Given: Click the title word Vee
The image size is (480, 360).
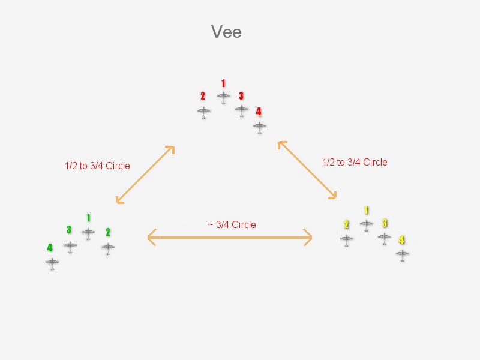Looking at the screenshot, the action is click(x=226, y=32).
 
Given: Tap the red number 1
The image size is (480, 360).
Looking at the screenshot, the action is click(x=223, y=83).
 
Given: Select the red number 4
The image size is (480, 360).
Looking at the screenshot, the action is click(x=259, y=112).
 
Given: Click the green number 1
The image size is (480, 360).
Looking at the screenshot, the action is click(x=88, y=218).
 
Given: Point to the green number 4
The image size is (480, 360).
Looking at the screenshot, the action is click(x=50, y=247).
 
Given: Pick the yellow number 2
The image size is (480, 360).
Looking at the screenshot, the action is click(x=346, y=224).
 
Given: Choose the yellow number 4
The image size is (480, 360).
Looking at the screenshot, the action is click(x=401, y=239).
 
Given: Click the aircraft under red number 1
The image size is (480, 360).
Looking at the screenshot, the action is click(x=223, y=97).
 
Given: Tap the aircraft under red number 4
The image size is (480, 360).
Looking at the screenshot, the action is click(x=260, y=127).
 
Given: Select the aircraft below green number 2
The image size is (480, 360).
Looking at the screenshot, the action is click(x=108, y=248).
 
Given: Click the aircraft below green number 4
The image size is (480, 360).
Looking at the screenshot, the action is click(x=52, y=263).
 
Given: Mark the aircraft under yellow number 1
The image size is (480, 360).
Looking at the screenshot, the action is click(x=366, y=224).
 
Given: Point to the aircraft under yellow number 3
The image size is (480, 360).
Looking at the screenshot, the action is click(x=384, y=238).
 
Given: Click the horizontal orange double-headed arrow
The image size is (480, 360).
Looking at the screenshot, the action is click(x=230, y=237).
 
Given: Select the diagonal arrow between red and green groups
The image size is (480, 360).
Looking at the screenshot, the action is click(x=145, y=175).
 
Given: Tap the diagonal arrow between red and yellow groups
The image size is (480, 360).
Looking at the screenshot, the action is click(x=307, y=170).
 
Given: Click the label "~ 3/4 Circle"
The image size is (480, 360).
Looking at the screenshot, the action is click(x=232, y=224).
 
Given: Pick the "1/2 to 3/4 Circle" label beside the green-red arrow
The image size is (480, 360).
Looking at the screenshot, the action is click(x=97, y=166).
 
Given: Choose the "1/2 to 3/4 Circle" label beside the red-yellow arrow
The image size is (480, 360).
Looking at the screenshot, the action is click(x=355, y=162).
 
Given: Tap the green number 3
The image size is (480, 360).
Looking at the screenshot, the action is click(x=69, y=230).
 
